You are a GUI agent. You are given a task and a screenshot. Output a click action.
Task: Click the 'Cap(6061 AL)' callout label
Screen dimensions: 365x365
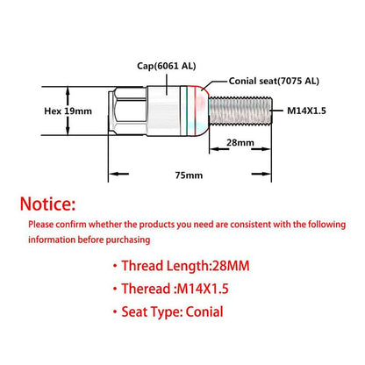(x=167, y=66)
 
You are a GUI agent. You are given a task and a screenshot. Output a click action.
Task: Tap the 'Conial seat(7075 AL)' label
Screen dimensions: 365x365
(x=274, y=81)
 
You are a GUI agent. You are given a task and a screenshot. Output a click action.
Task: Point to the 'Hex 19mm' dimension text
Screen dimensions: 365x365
(x=68, y=111)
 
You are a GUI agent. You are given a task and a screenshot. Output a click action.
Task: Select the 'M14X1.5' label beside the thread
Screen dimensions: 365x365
(x=306, y=111)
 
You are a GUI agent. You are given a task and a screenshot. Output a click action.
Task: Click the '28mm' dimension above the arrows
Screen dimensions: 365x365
(x=240, y=143)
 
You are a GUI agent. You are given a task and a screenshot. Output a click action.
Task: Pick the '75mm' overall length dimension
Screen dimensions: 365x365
(x=189, y=175)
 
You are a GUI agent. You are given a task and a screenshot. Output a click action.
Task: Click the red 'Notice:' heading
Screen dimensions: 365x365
(x=48, y=204)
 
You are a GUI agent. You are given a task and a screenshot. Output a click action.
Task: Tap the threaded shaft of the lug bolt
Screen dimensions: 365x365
(x=240, y=111)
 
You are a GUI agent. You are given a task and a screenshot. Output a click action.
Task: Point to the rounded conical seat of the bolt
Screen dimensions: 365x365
(x=202, y=111)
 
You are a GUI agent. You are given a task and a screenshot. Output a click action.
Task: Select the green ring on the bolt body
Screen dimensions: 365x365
(x=186, y=111)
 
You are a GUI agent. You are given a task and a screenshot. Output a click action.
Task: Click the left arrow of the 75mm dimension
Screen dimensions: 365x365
(x=118, y=174)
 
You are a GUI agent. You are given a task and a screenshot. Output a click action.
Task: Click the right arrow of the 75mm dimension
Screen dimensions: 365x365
(x=261, y=174)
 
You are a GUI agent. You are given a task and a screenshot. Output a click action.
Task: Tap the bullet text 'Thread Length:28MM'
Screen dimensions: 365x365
(x=185, y=266)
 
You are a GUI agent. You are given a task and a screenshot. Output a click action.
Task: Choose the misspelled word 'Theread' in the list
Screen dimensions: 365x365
(x=147, y=289)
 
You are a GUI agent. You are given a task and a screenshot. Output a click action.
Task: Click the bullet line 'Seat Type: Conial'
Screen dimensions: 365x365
(x=172, y=311)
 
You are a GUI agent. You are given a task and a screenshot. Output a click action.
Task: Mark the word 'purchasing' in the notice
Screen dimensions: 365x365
(x=128, y=240)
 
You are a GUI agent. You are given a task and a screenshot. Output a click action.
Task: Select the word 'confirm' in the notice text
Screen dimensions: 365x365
(x=71, y=225)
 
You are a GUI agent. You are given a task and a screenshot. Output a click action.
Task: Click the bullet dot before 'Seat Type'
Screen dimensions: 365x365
(x=115, y=311)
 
